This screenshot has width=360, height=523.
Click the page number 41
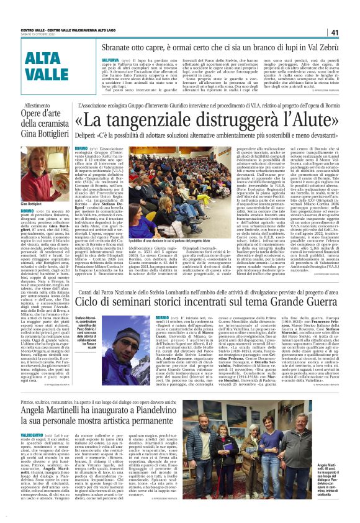point(334,32)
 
